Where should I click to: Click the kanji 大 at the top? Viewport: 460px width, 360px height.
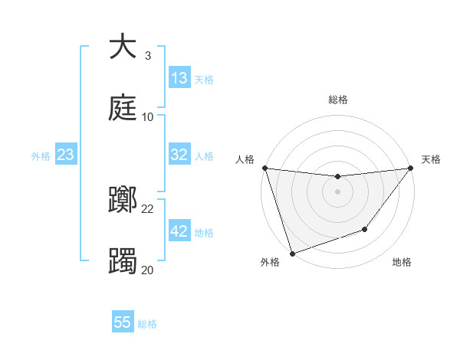click(x=123, y=47)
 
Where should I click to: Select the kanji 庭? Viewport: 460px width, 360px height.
click(x=123, y=108)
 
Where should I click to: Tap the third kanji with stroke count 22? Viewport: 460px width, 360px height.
click(x=123, y=200)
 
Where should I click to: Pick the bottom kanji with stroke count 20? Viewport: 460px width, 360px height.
click(x=123, y=261)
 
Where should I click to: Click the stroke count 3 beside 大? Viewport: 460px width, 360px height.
click(x=148, y=56)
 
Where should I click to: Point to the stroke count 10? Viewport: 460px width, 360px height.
click(x=148, y=117)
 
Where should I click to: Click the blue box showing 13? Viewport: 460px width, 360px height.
click(x=179, y=78)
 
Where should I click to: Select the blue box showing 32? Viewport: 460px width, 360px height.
click(x=179, y=155)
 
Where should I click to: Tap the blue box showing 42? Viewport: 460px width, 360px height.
click(x=179, y=231)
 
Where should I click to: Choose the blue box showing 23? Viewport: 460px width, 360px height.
click(x=66, y=155)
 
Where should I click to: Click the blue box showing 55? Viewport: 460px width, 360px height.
click(x=123, y=322)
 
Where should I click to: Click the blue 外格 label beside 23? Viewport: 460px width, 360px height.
click(x=41, y=156)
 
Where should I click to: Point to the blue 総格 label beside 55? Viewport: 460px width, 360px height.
click(x=147, y=324)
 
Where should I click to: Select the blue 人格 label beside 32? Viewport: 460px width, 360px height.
click(x=204, y=156)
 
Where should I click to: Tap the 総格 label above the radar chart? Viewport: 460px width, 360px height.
click(x=337, y=100)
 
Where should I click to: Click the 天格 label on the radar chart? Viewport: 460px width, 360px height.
click(x=432, y=159)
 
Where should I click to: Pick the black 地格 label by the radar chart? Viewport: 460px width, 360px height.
click(x=402, y=262)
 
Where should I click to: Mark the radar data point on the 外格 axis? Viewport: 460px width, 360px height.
click(x=291, y=253)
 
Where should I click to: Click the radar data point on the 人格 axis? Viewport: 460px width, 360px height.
click(x=264, y=168)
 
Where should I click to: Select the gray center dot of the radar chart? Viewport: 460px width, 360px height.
click(x=337, y=191)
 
